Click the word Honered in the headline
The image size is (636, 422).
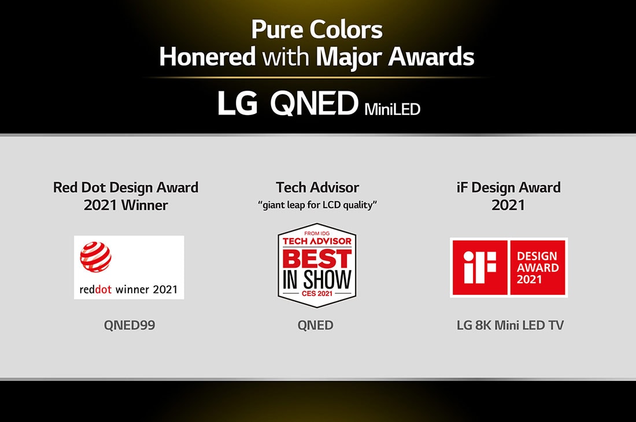coord(207,57)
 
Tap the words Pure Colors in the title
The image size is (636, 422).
coord(317,29)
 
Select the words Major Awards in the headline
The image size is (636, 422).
coord(395,57)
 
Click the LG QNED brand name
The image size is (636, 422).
coord(287,103)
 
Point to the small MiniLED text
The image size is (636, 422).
coord(392,109)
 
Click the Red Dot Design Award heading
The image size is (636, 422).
coord(125,187)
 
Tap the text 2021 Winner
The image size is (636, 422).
coord(125,205)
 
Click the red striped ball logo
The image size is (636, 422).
coord(95,257)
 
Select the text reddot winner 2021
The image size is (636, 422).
coord(129,288)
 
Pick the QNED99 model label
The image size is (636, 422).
coord(130,325)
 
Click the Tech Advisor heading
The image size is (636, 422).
coord(317,187)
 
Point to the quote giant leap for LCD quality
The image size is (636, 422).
coord(317,205)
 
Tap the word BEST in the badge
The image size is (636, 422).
coord(317,258)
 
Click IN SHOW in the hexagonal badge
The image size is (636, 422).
coord(317,280)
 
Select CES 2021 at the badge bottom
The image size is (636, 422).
coord(317,294)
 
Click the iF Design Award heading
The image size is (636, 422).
coord(509,187)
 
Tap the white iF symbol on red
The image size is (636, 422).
coord(480,267)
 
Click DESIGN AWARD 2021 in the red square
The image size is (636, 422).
coord(538,267)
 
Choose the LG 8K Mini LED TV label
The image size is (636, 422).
coord(509,325)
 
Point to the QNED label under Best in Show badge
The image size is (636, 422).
coord(316,325)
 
